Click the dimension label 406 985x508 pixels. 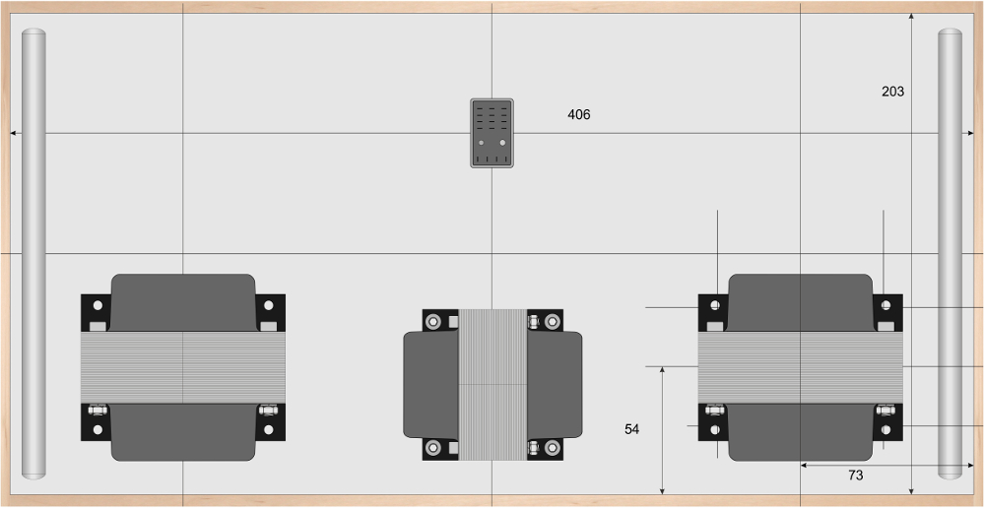tap(578, 115)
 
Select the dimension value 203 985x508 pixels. tap(892, 92)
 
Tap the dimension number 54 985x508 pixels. tap(632, 429)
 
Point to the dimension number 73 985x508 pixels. tap(856, 476)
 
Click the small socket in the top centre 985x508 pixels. tap(492, 133)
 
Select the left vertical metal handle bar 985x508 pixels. tap(33, 253)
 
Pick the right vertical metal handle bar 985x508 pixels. tap(950, 253)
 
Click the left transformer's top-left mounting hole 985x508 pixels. tap(98, 305)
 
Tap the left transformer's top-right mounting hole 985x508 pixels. tap(268, 305)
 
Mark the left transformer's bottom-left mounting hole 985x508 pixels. tap(98, 430)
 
